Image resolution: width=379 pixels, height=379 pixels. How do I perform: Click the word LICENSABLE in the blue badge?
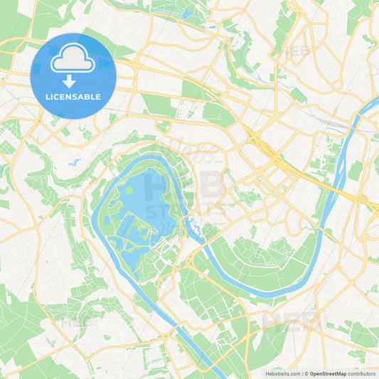[x=73, y=97]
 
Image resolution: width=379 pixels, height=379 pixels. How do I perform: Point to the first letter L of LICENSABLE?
[x=46, y=97]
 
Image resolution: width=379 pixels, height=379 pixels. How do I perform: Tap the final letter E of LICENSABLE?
[x=99, y=97]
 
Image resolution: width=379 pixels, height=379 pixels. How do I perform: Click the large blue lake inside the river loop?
[x=146, y=203]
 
